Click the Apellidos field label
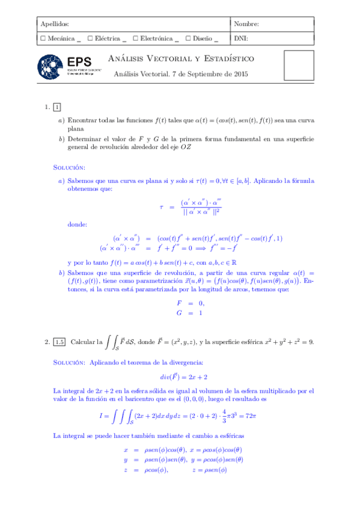tap(53, 24)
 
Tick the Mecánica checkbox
tap(42, 38)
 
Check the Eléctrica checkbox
tap(90, 38)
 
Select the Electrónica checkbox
tap(135, 38)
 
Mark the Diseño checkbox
tap(188, 38)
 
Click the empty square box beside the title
tap(297, 66)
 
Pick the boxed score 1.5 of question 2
tap(59, 342)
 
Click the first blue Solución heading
tap(69, 167)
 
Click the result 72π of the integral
tap(269, 415)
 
